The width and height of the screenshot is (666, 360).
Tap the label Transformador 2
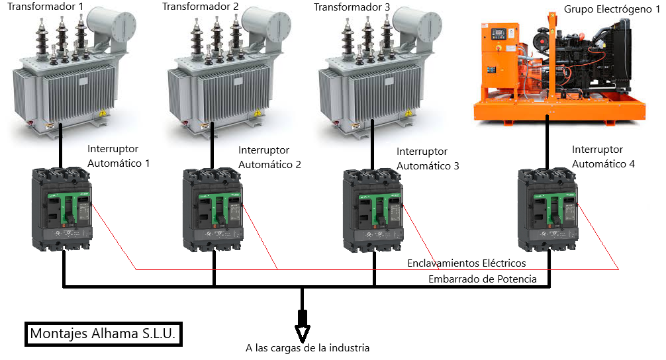tap(200, 7)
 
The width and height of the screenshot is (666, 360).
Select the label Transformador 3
tap(352, 7)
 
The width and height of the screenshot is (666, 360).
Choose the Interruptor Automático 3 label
tap(428, 159)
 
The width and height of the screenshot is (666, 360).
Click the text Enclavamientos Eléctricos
tap(466, 264)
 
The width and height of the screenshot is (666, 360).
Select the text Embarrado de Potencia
tap(482, 279)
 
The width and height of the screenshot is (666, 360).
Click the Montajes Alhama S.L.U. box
tap(103, 334)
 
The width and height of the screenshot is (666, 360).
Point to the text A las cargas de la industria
tap(307, 347)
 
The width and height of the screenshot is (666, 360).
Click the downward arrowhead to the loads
tap(303, 329)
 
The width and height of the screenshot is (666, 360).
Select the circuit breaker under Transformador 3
tap(372, 210)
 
